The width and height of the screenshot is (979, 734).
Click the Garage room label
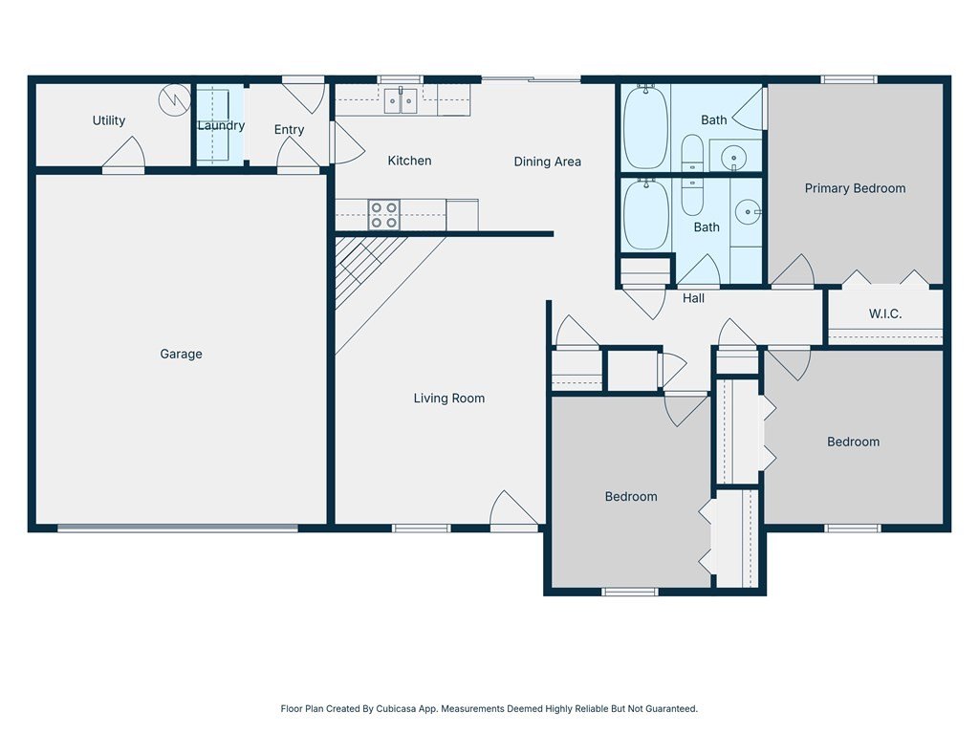[x=181, y=354]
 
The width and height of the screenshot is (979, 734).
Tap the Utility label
[x=109, y=120]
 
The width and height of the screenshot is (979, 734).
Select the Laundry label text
[x=221, y=125]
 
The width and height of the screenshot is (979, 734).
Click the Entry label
[x=289, y=130]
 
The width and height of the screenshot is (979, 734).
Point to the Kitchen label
[x=409, y=161]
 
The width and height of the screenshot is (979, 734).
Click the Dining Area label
[x=548, y=162]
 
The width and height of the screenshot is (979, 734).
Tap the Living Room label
[x=449, y=399]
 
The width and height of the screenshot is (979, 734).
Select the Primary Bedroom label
[x=855, y=188]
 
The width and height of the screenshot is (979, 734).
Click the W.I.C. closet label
[x=885, y=313]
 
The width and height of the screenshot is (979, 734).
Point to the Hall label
[x=693, y=298]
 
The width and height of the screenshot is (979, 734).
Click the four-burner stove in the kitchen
[x=384, y=215]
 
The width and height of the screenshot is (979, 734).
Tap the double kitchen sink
[x=401, y=100]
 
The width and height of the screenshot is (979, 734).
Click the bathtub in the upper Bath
[x=645, y=127]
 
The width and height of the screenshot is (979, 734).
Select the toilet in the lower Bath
[x=692, y=197]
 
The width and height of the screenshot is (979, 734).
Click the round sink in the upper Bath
[x=733, y=158]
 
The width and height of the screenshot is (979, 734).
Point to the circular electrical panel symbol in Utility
[x=174, y=99]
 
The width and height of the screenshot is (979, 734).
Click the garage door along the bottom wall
[x=178, y=529]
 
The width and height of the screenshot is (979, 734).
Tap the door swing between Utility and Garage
[x=123, y=153]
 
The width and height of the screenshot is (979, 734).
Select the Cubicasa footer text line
[x=489, y=708]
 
